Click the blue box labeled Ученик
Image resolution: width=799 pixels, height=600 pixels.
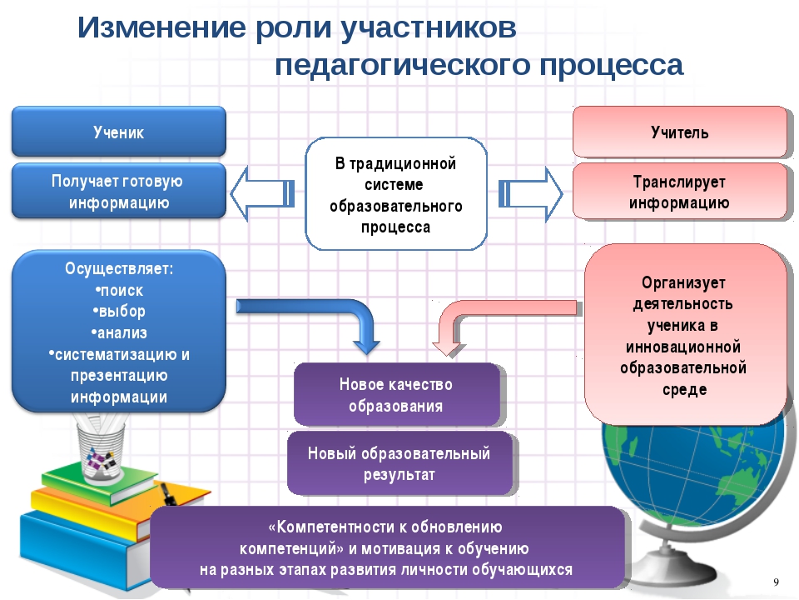pyautogui.click(x=119, y=132)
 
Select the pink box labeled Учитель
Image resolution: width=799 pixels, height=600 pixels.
pyautogui.click(x=680, y=132)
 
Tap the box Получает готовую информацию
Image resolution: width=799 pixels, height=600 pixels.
pyautogui.click(x=119, y=192)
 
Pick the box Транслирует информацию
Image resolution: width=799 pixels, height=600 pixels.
pyautogui.click(x=680, y=192)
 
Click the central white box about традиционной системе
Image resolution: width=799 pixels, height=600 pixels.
pyautogui.click(x=396, y=194)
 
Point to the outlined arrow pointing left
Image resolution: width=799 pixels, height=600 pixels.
pyautogui.click(x=262, y=194)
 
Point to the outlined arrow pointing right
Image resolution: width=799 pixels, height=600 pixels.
pyautogui.click(x=530, y=194)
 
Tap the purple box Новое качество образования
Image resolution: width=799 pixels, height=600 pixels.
pyautogui.click(x=396, y=395)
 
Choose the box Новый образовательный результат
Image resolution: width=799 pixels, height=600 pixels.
pyautogui.click(x=399, y=463)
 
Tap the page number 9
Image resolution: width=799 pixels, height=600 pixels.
pyautogui.click(x=776, y=582)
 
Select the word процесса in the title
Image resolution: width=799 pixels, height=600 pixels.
pyautogui.click(x=612, y=66)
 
